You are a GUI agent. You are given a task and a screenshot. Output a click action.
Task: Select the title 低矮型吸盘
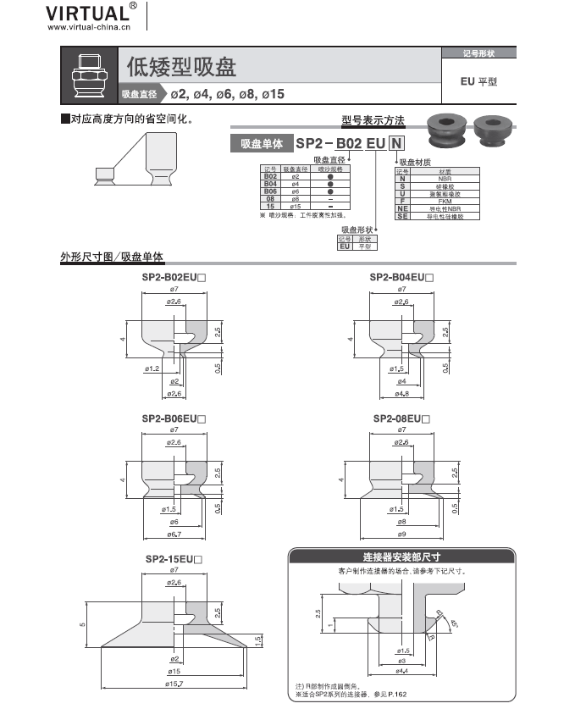click(181, 66)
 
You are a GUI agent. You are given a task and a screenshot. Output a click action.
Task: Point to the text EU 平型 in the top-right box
click(478, 82)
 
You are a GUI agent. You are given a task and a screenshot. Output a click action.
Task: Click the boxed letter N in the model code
click(395, 144)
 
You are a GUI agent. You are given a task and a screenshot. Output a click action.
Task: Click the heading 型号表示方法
click(373, 121)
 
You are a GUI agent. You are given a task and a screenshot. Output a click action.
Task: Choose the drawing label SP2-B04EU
click(401, 277)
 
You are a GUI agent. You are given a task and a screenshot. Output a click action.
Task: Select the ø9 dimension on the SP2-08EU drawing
click(402, 534)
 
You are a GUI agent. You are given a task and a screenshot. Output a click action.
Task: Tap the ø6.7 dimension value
click(174, 534)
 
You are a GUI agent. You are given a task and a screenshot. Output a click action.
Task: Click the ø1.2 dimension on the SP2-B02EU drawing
click(152, 369)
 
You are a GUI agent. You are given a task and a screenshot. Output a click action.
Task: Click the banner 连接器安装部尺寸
click(401, 557)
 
